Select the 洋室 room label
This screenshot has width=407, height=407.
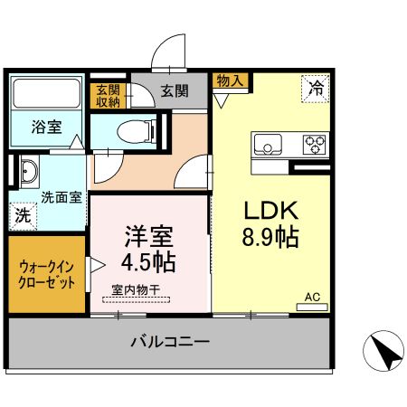point(149,236)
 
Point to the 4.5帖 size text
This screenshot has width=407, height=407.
point(149,263)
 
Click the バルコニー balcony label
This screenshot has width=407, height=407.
point(169,343)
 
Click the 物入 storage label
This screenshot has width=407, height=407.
point(230,81)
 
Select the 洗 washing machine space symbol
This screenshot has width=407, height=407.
point(22,216)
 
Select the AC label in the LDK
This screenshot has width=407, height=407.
point(312,296)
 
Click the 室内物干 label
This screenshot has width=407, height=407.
point(137,289)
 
